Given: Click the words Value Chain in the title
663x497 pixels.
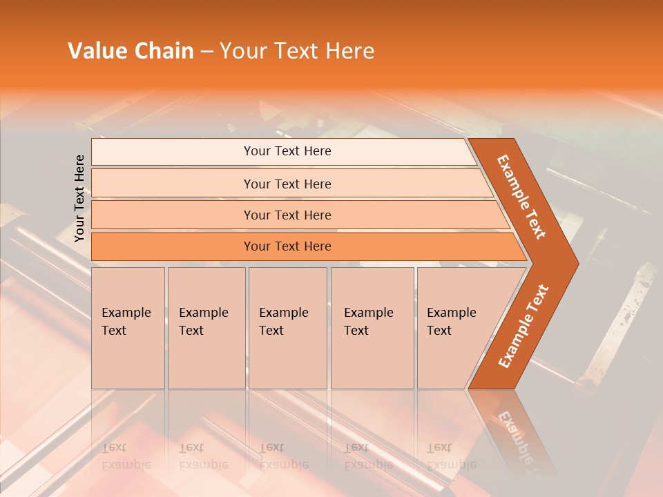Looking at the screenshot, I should point(131,51).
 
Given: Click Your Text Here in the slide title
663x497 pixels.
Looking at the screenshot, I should point(297,51).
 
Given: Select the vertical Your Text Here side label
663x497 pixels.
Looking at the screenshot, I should point(80,198).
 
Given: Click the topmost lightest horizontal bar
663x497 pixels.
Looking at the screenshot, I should point(287,151).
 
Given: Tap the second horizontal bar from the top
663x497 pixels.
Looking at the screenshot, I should point(287,184).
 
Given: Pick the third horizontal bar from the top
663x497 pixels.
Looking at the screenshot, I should point(287,215).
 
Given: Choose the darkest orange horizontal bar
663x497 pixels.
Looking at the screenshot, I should point(287,246).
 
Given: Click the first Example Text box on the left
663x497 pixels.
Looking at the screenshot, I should point(128,328).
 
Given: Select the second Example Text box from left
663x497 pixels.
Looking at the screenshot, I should point(206,328).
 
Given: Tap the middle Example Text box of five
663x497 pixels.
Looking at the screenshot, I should point(287,328).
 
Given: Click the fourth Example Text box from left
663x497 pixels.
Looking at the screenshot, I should point(372,328).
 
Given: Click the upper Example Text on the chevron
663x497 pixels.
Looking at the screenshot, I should point(521,196).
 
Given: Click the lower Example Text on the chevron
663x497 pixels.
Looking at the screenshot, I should point(523,326).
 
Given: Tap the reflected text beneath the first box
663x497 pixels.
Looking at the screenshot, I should point(126,456).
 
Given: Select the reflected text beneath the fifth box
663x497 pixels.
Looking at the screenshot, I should point(450,456).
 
